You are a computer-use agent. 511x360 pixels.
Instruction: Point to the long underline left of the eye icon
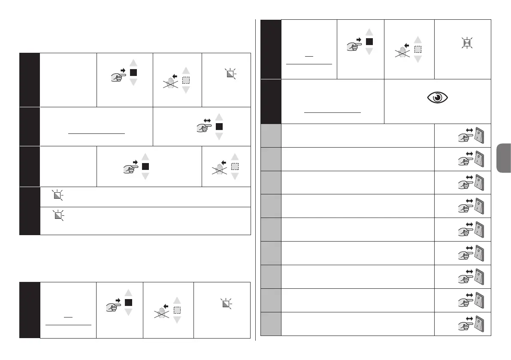(332, 111)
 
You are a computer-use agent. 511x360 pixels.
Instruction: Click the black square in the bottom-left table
(129, 303)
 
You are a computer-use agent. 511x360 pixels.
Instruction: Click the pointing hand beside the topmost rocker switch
(462, 139)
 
